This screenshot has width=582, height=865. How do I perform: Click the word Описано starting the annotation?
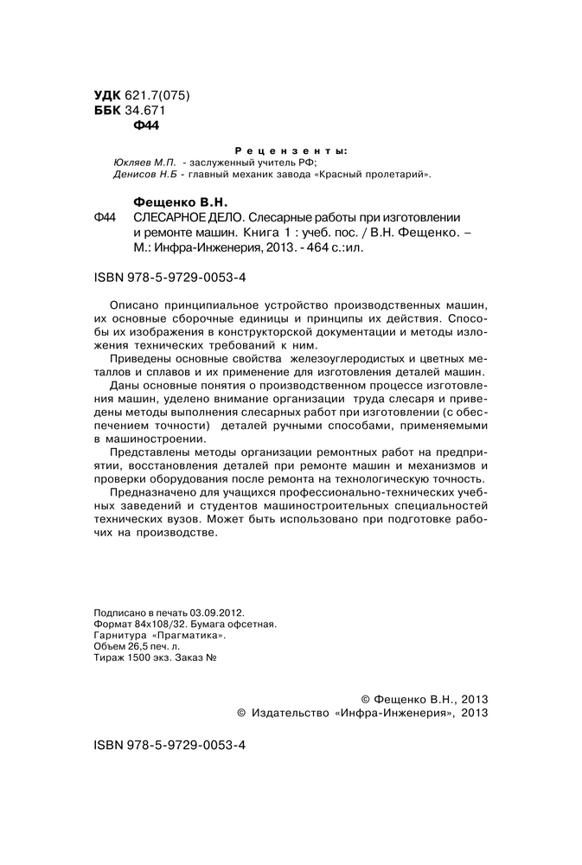coord(136,305)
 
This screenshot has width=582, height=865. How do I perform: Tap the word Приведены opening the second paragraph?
coord(142,358)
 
